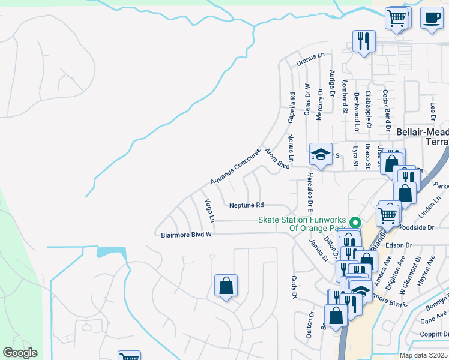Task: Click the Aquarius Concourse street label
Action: (236, 167)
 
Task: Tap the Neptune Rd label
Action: (247, 205)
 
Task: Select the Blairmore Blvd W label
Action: (187, 235)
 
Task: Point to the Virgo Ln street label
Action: (209, 211)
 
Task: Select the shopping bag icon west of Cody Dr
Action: (226, 286)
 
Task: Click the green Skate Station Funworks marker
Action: (355, 221)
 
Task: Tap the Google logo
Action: (20, 353)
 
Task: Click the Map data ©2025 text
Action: (423, 355)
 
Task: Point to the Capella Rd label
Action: (292, 108)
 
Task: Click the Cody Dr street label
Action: (294, 287)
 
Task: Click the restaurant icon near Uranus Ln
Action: (363, 41)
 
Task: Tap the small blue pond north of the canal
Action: (111, 251)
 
